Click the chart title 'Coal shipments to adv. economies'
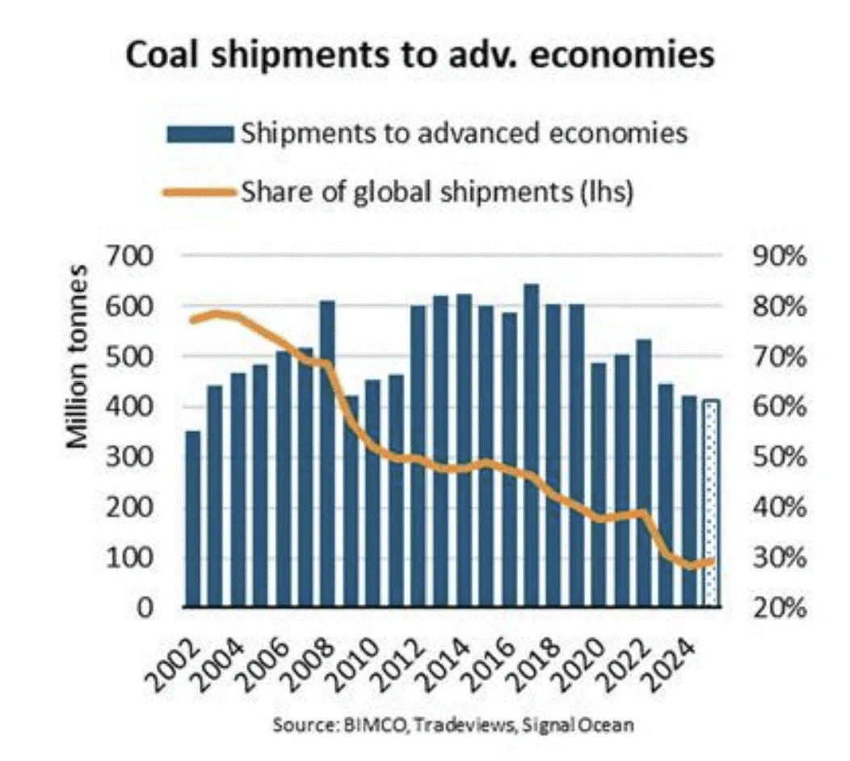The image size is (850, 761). tap(419, 58)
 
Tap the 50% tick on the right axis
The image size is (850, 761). tap(776, 457)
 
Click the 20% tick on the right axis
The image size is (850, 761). tap(776, 608)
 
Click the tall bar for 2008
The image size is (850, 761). tap(328, 453)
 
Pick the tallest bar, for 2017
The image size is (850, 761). tap(531, 445)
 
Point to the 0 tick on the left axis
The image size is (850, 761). tap(144, 608)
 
